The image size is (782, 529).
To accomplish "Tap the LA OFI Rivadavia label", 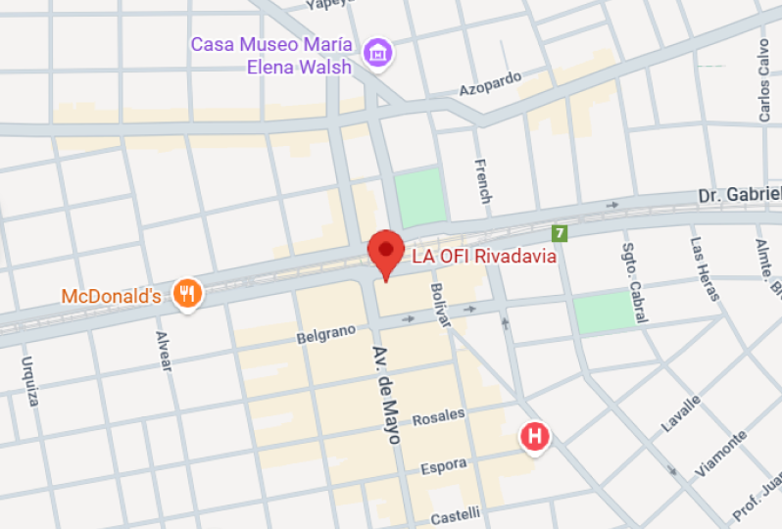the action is pyautogui.click(x=484, y=257).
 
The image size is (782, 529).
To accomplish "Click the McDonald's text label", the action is pyautogui.click(x=111, y=295).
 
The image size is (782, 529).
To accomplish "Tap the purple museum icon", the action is pyautogui.click(x=375, y=53).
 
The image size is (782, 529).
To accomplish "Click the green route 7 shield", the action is pyautogui.click(x=560, y=233).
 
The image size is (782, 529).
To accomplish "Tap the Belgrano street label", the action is pyautogui.click(x=325, y=335).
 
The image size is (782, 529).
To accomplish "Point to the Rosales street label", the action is pyautogui.click(x=438, y=416).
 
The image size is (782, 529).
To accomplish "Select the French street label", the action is pyautogui.click(x=482, y=180).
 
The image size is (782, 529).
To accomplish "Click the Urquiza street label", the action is pyautogui.click(x=30, y=379).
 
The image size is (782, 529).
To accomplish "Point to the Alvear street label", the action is pyautogui.click(x=163, y=352).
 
